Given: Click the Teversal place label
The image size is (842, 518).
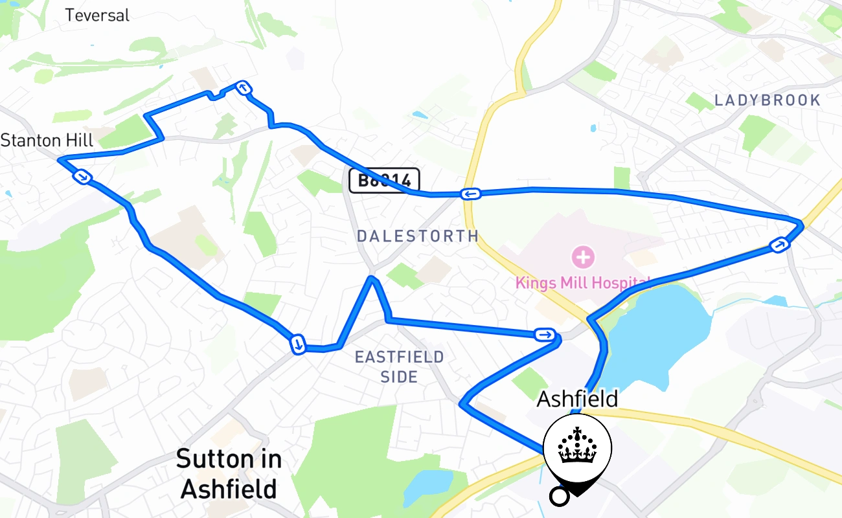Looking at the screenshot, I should point(97,15).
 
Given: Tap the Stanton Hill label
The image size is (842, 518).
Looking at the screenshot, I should point(47,140).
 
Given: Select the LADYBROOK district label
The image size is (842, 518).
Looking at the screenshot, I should point(768,100).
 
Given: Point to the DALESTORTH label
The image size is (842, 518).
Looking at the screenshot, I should point(418,236).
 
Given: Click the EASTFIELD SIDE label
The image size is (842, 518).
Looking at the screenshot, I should point(400,366).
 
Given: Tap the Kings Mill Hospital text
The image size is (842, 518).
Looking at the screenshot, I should point(582,283).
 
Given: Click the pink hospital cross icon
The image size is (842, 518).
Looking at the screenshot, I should point(583,257).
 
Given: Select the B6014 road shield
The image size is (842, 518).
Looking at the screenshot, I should point(384,180).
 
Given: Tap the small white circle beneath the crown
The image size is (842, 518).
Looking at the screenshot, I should point(559,497).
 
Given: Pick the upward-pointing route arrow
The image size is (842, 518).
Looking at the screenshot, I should point(243,88).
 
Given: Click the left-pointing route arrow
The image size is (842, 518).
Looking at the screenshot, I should point(470,194).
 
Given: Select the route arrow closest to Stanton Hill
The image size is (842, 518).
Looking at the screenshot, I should point(82,176).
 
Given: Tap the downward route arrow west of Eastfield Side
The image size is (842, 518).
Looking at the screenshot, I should point(297,344).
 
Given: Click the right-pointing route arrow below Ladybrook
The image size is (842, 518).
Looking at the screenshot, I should point(779,245).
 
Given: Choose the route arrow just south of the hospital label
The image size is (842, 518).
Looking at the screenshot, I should point(545,335).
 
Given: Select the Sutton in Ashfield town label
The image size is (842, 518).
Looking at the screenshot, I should point(229,473).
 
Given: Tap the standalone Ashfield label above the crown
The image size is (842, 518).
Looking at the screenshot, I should point(577,399).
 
